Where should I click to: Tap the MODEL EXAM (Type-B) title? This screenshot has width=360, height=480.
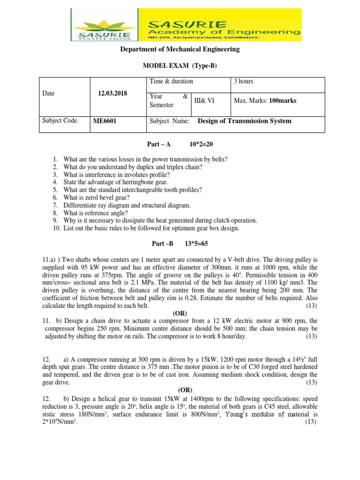coord(180,67)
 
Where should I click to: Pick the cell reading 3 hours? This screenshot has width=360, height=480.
coord(244,82)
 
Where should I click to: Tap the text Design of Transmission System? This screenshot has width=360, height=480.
coord(244,121)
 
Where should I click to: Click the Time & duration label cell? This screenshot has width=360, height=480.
coord(171,82)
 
